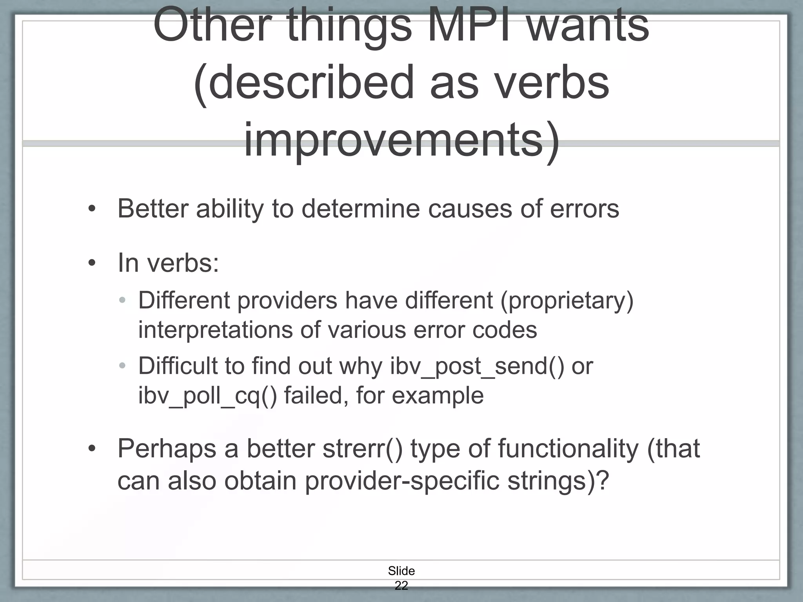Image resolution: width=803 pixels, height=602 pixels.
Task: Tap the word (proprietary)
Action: (x=567, y=301)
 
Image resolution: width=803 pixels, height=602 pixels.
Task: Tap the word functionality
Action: (x=568, y=449)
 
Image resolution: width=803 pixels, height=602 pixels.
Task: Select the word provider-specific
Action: (x=402, y=481)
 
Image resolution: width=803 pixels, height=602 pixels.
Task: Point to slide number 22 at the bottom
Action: (x=401, y=586)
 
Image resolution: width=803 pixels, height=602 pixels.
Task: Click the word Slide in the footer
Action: (x=401, y=571)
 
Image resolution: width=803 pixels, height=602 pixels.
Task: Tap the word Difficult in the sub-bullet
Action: (x=178, y=366)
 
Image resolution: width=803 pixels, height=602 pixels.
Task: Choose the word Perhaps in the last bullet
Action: (x=167, y=449)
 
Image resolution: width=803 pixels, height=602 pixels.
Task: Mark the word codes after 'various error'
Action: (x=505, y=330)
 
